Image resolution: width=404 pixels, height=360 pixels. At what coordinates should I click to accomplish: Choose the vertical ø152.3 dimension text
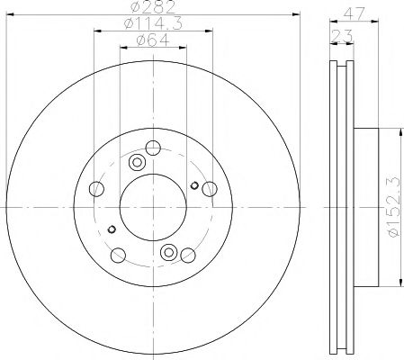(x=390, y=207)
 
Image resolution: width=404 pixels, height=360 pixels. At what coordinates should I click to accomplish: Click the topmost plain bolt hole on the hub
(x=154, y=148)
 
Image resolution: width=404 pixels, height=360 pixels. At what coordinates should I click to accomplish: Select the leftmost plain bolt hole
(x=99, y=188)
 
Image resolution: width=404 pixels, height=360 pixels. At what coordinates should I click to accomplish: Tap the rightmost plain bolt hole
(x=210, y=188)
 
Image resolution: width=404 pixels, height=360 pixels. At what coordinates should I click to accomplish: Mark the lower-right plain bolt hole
(x=187, y=253)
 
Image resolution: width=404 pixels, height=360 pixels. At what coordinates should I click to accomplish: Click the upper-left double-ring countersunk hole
(x=138, y=163)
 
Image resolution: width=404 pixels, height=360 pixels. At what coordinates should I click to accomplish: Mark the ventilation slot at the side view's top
(x=340, y=76)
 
